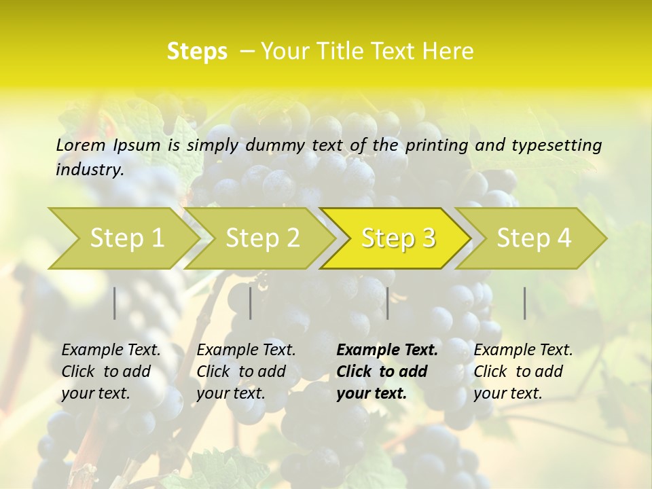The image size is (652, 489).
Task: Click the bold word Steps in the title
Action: (197, 51)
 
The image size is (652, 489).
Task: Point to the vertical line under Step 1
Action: (115, 303)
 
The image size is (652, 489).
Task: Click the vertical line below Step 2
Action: (251, 303)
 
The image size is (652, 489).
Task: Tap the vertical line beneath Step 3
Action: (388, 303)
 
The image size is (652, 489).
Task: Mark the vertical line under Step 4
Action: (525, 303)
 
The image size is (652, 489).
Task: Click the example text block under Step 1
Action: (111, 372)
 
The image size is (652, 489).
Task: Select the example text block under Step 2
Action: (246, 372)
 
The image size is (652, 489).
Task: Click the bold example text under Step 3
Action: (386, 372)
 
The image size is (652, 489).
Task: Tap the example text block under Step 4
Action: (523, 372)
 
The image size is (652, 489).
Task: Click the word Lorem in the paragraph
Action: (81, 145)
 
